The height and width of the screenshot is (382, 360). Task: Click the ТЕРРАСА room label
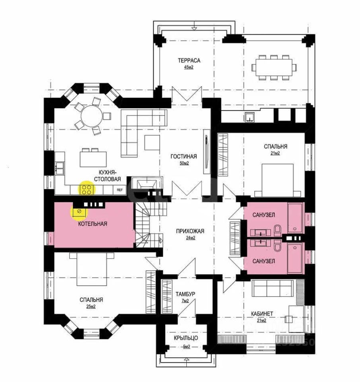pos(188,60)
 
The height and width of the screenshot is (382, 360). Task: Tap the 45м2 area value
pos(188,67)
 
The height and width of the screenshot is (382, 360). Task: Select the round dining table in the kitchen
pos(92,115)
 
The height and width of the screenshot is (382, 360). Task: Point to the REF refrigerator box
pos(119,190)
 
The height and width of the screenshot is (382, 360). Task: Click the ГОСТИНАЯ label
pos(184,156)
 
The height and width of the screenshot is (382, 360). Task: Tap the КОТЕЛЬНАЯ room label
pos(92,224)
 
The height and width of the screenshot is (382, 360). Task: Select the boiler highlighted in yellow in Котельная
pos(79,212)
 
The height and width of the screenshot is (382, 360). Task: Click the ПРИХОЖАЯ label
pos(191,231)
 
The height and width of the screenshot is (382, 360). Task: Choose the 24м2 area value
pos(191,238)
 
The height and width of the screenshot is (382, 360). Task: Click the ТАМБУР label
pos(185,294)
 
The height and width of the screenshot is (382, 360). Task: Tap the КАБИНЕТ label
pos(262,314)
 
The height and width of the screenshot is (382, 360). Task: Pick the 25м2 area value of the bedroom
pos(91,306)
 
